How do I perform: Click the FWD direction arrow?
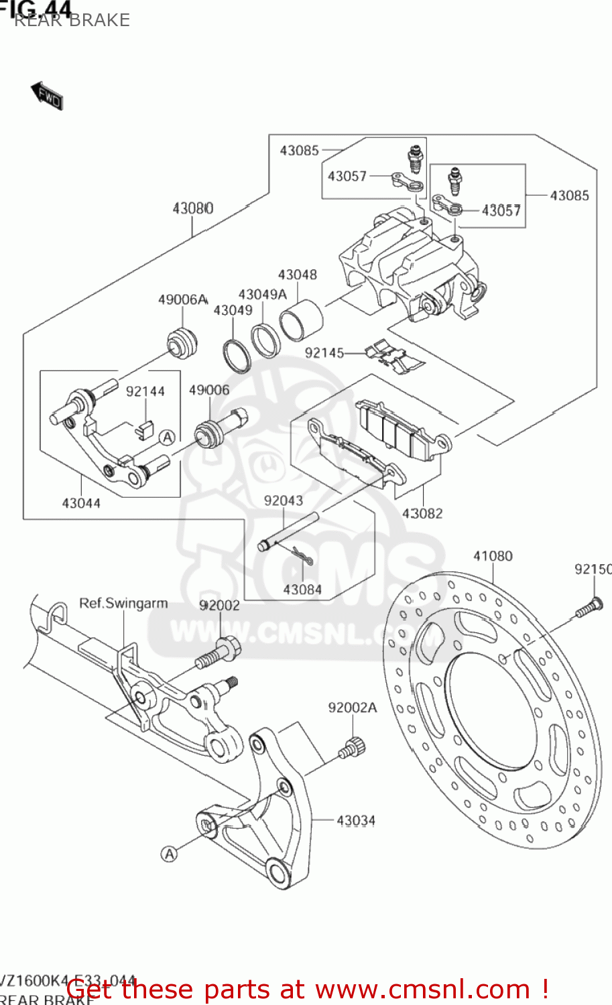click(47, 96)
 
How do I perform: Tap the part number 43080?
click(193, 208)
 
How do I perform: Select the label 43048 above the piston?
click(297, 275)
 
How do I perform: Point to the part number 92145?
click(324, 353)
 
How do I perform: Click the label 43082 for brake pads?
click(422, 513)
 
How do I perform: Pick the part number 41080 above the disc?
click(493, 556)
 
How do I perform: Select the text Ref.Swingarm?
click(123, 603)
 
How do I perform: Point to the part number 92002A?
click(353, 708)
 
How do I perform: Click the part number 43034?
click(356, 821)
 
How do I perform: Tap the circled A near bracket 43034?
click(170, 854)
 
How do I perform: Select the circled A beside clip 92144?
click(167, 438)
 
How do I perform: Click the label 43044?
click(81, 503)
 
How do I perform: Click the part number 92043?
click(283, 500)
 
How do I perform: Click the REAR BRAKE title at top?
click(72, 20)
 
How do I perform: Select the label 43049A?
click(262, 294)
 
